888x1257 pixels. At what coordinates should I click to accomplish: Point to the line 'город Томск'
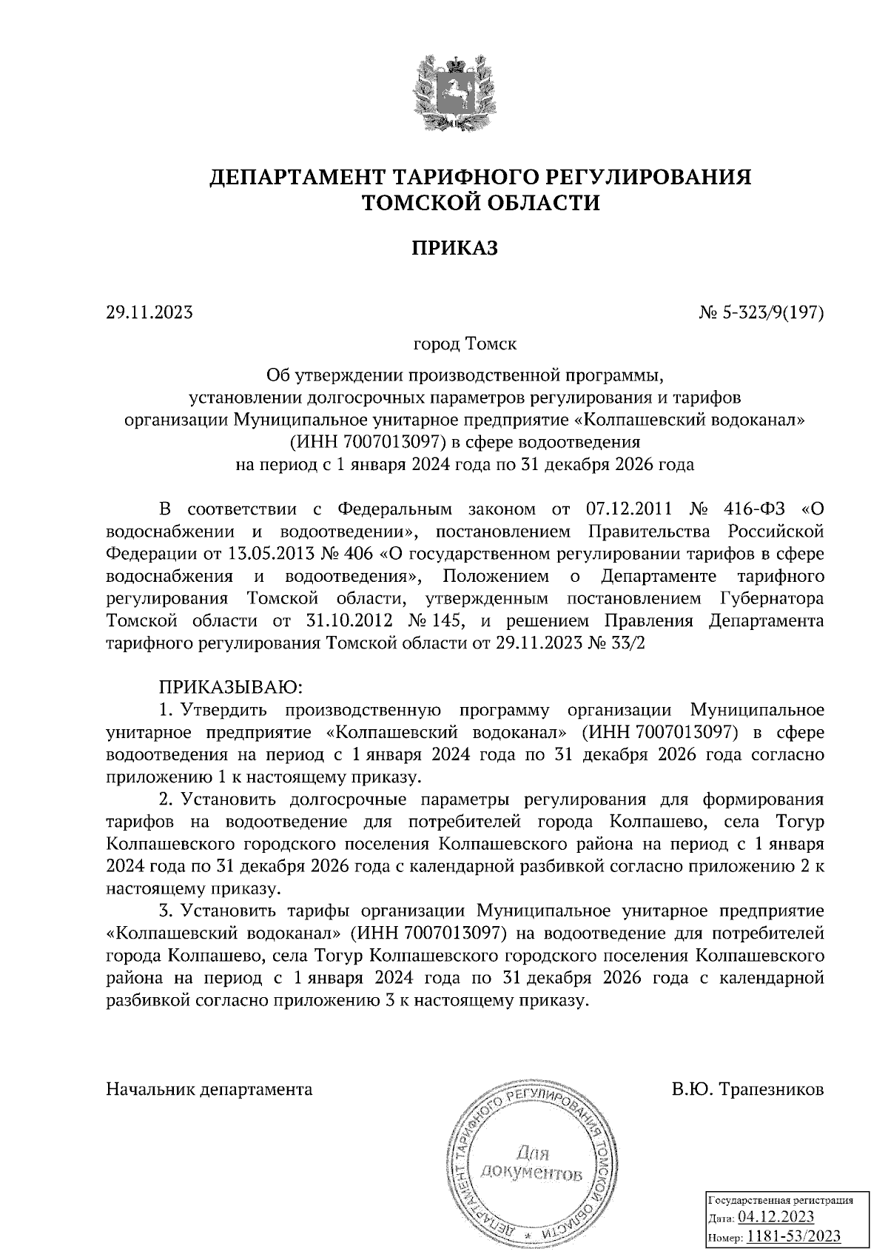[465, 344]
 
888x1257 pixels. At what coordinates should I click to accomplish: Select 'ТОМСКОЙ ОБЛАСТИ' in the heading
[479, 202]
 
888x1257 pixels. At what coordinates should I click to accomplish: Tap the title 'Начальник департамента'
[209, 1090]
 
